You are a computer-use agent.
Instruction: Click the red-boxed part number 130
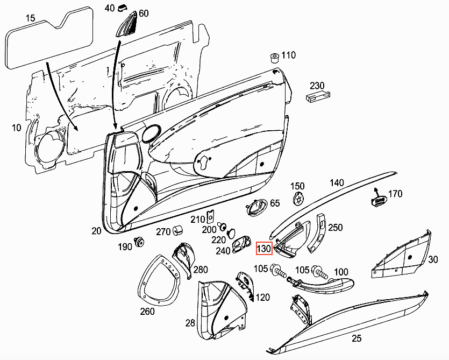tap(264, 249)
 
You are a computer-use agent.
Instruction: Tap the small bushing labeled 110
tap(274, 57)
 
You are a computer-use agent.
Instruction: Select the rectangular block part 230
tap(317, 97)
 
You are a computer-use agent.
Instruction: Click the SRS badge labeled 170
tap(380, 200)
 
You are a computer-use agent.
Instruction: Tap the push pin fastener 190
tap(140, 242)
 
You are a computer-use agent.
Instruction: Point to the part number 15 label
tap(30, 19)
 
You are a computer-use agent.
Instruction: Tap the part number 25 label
tap(356, 338)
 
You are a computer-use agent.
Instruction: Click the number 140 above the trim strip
tap(337, 183)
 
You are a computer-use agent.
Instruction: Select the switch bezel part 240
tap(241, 245)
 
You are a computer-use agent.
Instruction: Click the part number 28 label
tap(190, 323)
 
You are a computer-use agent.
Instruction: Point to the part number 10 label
tap(16, 128)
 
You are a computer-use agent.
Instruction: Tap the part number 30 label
tap(433, 259)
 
